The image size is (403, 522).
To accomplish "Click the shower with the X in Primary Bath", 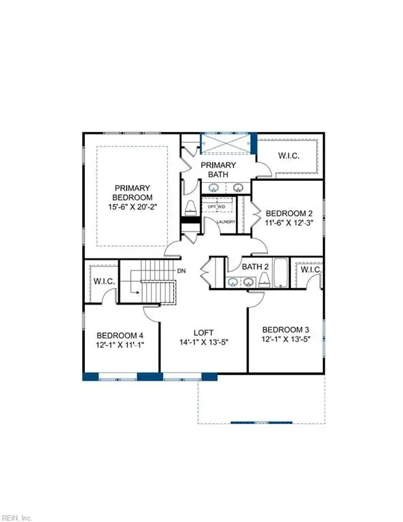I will [x=226, y=145].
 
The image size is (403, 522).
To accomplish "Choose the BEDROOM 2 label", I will [x=289, y=212].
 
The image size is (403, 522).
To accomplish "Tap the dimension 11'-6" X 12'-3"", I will [x=289, y=224].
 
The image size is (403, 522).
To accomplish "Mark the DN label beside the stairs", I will [x=181, y=271].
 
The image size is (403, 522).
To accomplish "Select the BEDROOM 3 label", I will [x=286, y=330].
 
